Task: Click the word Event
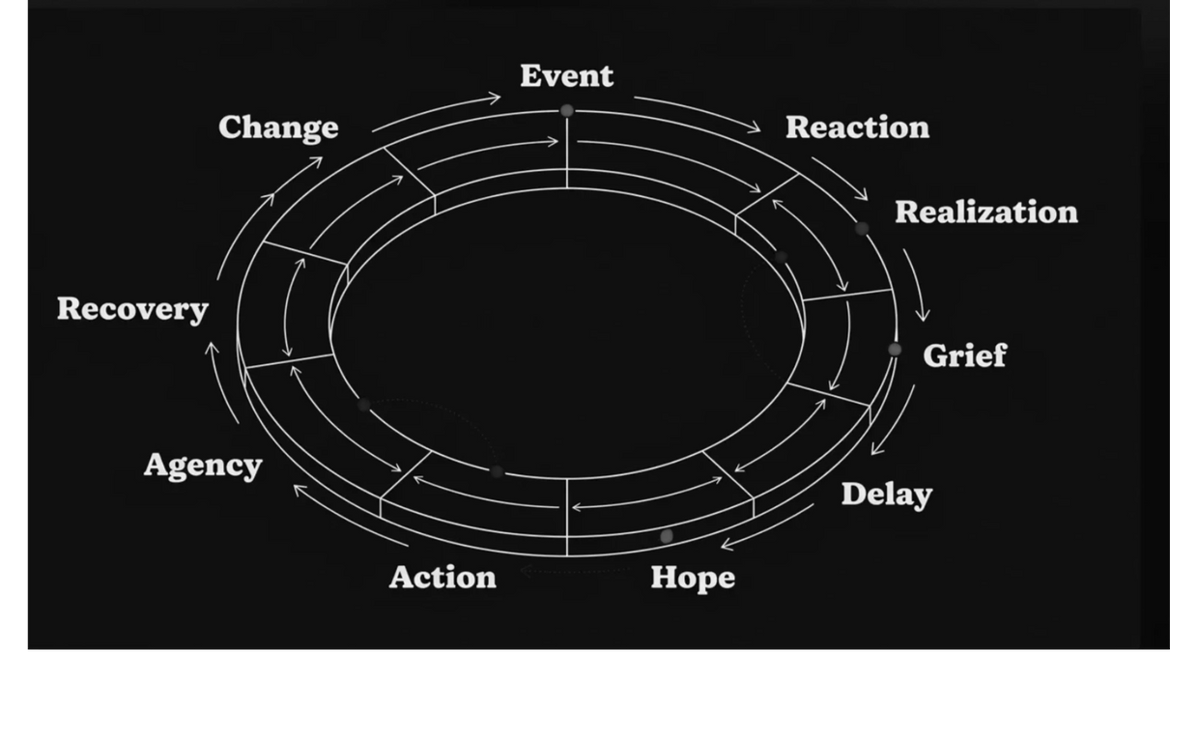(x=566, y=75)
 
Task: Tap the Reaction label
(x=857, y=127)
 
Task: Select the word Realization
(x=985, y=212)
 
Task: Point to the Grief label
(x=964, y=355)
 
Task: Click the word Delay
(x=886, y=495)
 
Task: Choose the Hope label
(x=693, y=578)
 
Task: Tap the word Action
(x=442, y=578)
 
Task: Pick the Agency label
(x=203, y=466)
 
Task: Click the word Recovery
(x=132, y=309)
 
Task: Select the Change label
(x=278, y=127)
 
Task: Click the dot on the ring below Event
(x=567, y=111)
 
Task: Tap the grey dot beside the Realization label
(x=862, y=229)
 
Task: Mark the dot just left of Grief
(x=895, y=350)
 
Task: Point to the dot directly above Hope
(x=667, y=536)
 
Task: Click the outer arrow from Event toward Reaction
(x=698, y=111)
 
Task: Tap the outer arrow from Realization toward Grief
(x=917, y=284)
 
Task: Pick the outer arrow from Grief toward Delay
(x=895, y=421)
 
